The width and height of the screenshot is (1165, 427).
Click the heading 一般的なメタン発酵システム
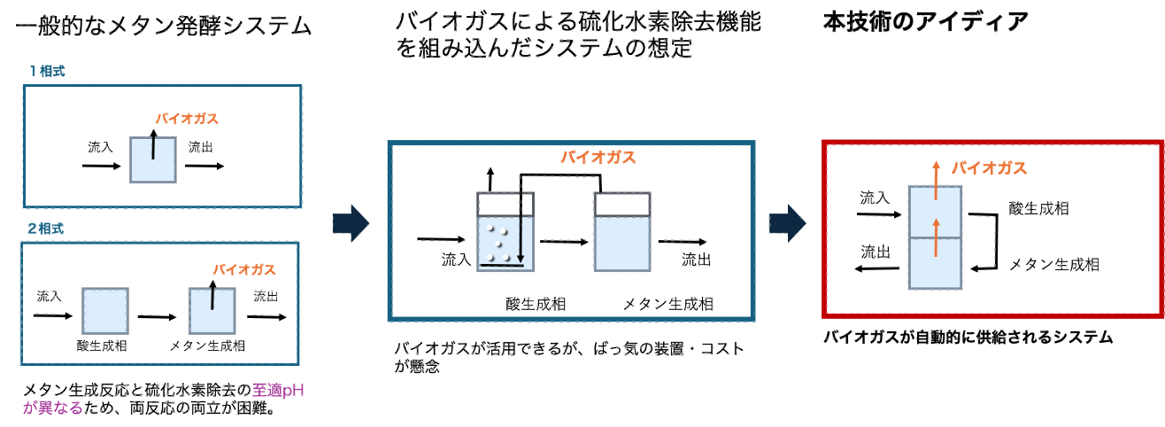[164, 26]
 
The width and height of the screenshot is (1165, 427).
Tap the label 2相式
[45, 228]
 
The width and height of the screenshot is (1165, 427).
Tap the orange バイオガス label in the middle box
[598, 158]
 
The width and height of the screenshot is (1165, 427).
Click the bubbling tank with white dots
[507, 239]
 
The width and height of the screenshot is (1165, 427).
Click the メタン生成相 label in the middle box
[668, 304]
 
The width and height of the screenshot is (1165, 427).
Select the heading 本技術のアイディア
[925, 21]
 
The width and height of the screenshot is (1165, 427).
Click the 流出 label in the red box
[876, 252]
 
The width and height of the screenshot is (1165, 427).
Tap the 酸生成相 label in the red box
[1038, 209]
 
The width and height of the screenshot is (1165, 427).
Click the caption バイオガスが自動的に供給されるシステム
[968, 338]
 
